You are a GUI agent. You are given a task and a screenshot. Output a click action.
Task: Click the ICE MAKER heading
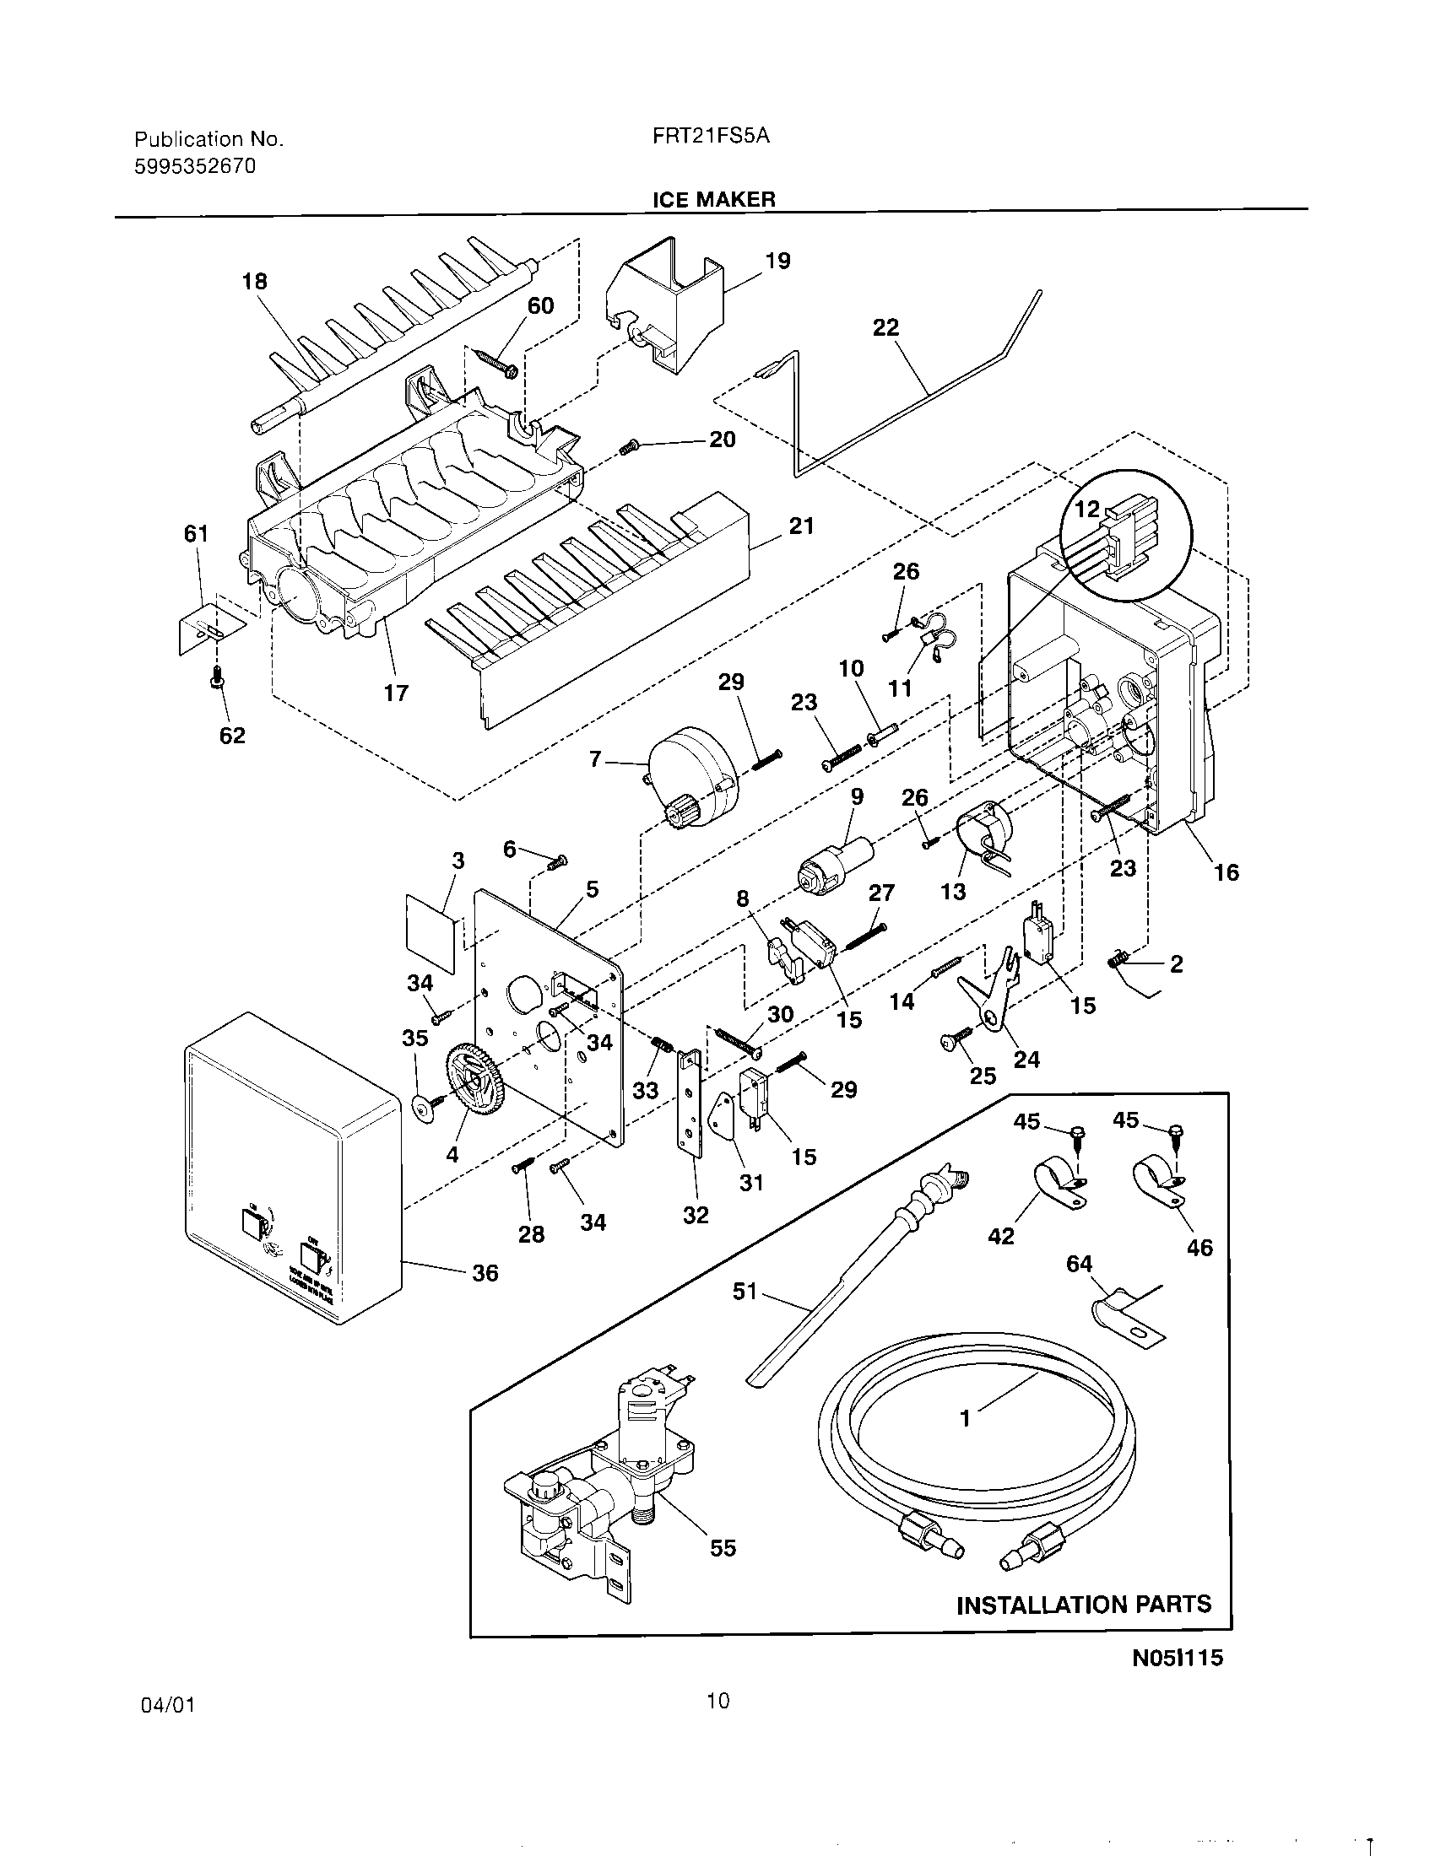(713, 200)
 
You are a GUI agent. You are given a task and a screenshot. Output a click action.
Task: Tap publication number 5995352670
(195, 166)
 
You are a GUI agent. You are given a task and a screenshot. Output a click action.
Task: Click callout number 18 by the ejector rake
(254, 281)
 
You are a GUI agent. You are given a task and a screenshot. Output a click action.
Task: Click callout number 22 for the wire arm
(885, 327)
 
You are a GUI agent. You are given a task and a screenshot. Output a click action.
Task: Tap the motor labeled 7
(694, 785)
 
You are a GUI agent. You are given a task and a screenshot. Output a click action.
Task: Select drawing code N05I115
(1177, 1658)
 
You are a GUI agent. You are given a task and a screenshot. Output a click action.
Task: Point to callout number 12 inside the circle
(1087, 509)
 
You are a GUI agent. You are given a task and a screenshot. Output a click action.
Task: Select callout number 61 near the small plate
(196, 534)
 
